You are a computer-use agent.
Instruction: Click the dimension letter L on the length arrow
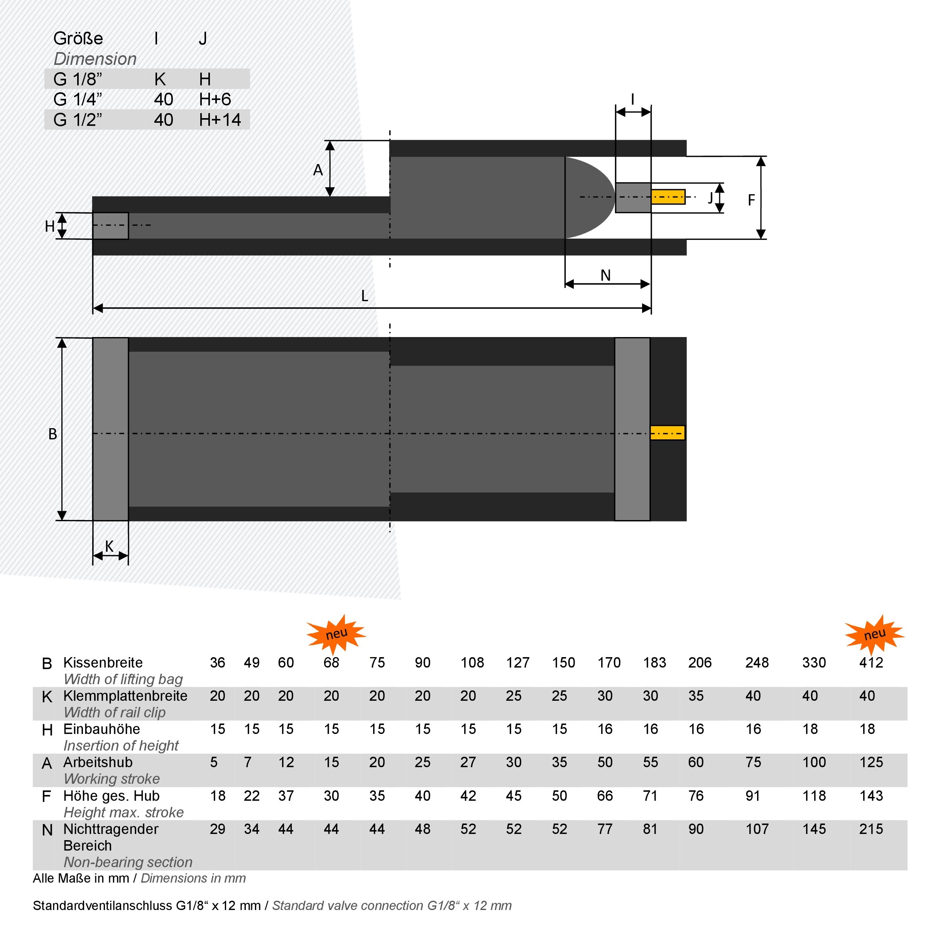pos(365,296)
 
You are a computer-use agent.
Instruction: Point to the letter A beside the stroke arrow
pos(318,170)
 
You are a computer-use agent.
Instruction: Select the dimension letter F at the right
pos(751,200)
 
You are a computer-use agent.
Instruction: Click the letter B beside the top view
pos(53,434)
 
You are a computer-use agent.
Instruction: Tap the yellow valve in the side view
pos(668,197)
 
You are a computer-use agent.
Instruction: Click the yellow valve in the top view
pos(668,433)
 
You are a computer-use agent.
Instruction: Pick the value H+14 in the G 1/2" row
pos(220,120)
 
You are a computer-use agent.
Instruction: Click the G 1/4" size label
pos(78,100)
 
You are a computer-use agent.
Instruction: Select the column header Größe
pos(78,39)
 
